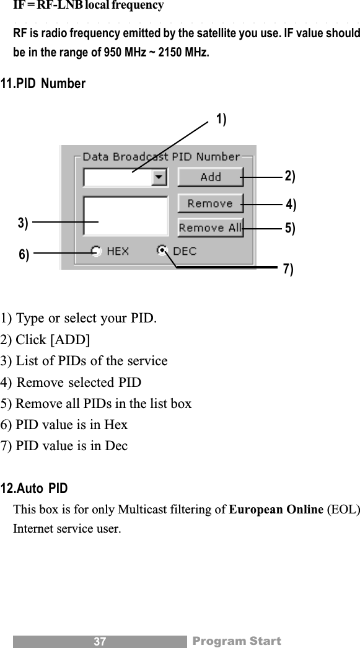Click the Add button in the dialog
coord(210,177)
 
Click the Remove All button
coord(210,228)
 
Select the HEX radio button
coord(97,251)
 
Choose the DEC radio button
coord(163,251)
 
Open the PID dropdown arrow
coord(159,177)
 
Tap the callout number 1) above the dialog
coord(221,120)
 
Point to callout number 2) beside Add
coord(289,176)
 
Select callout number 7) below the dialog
coord(288,269)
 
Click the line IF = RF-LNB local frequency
coord(89,6)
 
